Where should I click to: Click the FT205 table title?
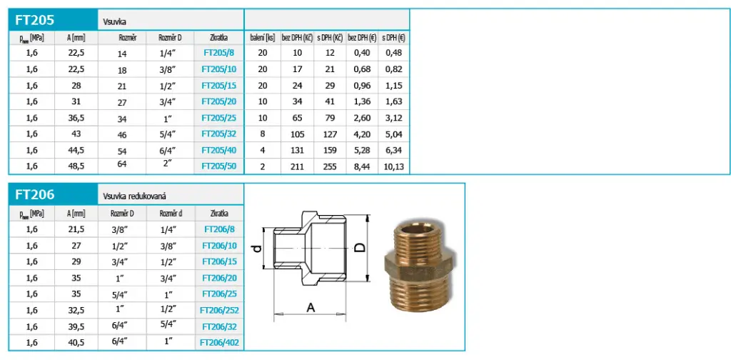coord(35,21)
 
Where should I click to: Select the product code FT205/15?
coord(218,85)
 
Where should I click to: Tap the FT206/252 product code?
coord(219,310)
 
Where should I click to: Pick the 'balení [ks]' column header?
coord(263,39)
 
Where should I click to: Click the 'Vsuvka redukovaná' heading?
coord(135,197)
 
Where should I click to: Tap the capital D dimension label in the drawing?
coord(360,248)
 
